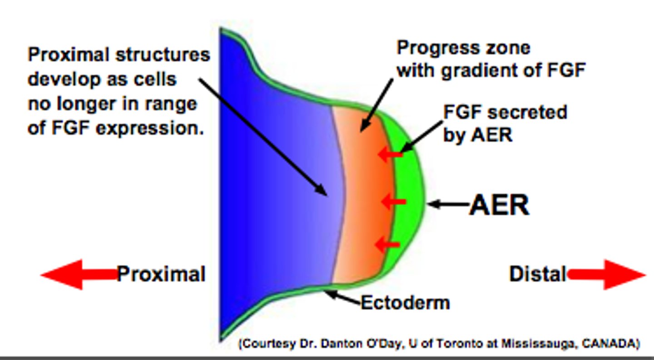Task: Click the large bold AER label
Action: [x=499, y=205]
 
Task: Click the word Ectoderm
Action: [x=405, y=303]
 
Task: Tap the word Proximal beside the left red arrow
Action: [x=161, y=274]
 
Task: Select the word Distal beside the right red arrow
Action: [x=538, y=274]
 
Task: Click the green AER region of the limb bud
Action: [x=409, y=204]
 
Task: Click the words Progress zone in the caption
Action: [x=463, y=47]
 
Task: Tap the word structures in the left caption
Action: [x=162, y=54]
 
